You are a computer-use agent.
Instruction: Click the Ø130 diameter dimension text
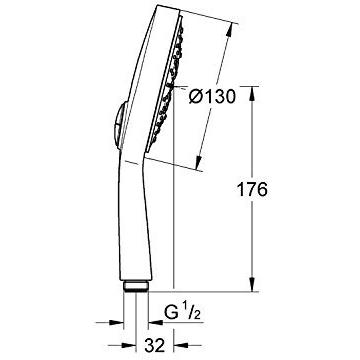[212, 97]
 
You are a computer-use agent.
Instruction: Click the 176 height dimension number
[252, 190]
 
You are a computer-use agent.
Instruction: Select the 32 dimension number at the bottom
[155, 345]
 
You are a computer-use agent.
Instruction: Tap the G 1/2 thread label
[183, 313]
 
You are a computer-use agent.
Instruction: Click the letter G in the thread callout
[170, 312]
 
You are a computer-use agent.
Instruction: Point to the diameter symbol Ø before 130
[195, 97]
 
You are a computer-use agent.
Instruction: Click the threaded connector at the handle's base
[135, 287]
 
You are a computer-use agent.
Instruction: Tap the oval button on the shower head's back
[118, 124]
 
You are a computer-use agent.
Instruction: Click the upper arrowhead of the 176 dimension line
[252, 94]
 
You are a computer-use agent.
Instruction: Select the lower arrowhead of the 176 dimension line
[252, 284]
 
